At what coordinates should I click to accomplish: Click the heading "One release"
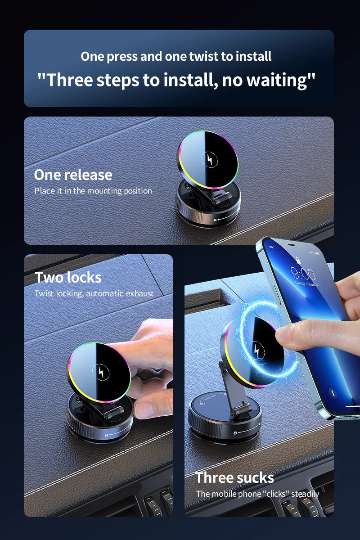point(73,175)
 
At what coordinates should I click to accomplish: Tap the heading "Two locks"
point(68,277)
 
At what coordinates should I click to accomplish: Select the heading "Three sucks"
point(234,477)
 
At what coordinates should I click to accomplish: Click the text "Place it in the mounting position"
point(93,191)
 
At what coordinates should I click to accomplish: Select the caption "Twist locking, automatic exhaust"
point(94,293)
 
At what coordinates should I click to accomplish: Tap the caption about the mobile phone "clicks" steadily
point(257,494)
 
